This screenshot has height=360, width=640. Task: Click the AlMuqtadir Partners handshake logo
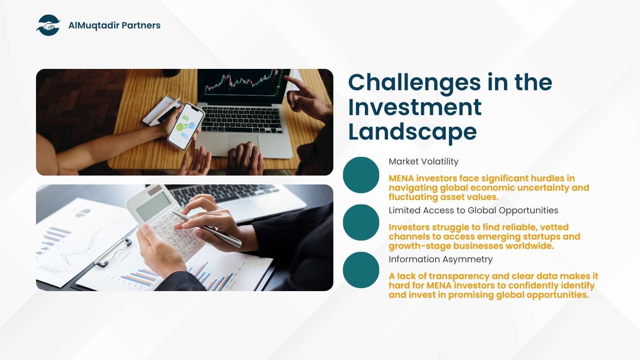click(x=48, y=25)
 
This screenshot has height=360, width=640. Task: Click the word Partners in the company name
click(x=141, y=25)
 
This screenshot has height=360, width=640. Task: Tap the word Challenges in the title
click(x=415, y=83)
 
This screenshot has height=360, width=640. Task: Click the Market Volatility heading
click(x=424, y=161)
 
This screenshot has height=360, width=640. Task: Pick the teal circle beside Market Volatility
click(x=361, y=175)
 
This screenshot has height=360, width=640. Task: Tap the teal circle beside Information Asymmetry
click(x=361, y=270)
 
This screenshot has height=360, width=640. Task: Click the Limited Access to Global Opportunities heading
click(x=473, y=211)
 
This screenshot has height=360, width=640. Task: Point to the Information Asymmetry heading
click(x=440, y=260)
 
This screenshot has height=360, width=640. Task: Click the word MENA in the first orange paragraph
click(x=401, y=178)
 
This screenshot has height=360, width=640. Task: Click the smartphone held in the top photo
click(x=186, y=126)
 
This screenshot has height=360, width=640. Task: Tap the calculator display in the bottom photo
click(x=153, y=206)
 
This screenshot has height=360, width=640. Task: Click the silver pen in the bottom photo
click(x=207, y=228)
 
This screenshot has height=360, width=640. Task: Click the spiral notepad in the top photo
click(x=162, y=111)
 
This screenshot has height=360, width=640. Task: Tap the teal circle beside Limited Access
click(x=361, y=222)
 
